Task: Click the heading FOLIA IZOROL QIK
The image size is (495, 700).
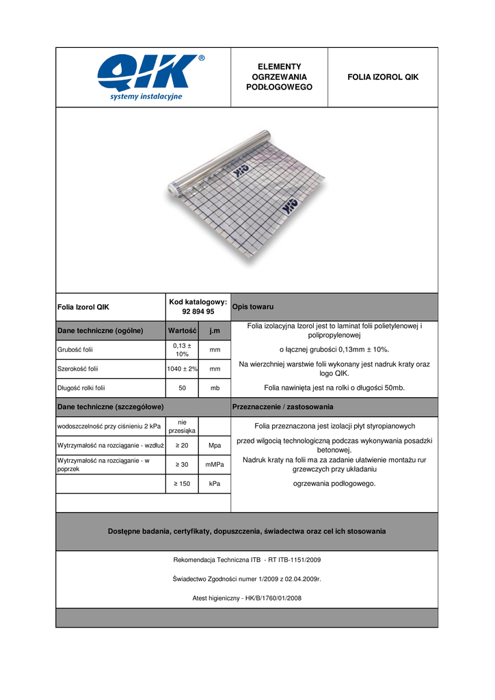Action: [x=383, y=77]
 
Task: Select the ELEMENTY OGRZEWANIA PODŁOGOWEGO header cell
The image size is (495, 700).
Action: [x=280, y=77]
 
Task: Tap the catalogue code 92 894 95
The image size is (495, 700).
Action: [x=198, y=312]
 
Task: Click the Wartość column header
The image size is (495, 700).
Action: [x=183, y=331]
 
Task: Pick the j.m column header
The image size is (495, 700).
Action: [x=215, y=331]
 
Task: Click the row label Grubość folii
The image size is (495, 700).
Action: [x=75, y=350]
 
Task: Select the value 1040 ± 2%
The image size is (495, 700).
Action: [x=183, y=369]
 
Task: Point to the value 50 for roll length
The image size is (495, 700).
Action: [x=183, y=388]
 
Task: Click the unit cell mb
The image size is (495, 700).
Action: [x=215, y=388]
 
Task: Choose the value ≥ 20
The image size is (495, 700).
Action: [x=183, y=446]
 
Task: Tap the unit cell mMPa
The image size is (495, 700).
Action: [x=215, y=465]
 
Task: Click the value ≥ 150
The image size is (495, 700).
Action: [x=183, y=484]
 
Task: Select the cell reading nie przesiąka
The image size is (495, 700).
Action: [x=183, y=427]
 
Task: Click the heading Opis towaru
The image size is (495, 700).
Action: [x=253, y=307]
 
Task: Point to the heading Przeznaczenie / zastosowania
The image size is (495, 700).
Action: [x=283, y=407]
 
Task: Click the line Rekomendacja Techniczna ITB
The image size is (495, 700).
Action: [x=247, y=560]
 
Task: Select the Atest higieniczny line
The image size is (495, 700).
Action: [x=247, y=598]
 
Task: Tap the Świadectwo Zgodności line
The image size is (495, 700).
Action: [x=247, y=579]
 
